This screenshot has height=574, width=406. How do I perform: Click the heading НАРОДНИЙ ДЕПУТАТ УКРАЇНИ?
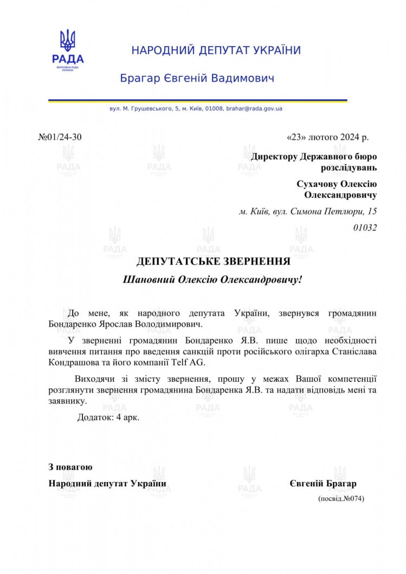(x=216, y=51)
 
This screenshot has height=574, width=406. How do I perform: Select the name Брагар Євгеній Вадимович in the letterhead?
(x=197, y=79)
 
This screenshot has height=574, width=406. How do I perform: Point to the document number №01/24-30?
(x=60, y=137)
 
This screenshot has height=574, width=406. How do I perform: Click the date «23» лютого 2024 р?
(x=327, y=137)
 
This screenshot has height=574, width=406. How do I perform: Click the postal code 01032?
(x=365, y=228)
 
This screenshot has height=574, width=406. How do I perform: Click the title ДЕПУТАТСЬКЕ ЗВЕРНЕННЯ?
(x=214, y=262)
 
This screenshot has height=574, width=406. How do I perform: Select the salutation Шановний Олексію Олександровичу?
(x=212, y=280)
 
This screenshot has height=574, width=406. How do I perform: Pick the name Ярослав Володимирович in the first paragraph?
(x=153, y=324)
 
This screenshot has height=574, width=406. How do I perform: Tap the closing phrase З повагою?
(x=70, y=467)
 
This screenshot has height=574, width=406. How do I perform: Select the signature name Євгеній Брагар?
(x=323, y=484)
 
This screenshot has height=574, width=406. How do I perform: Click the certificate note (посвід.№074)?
(x=341, y=498)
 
